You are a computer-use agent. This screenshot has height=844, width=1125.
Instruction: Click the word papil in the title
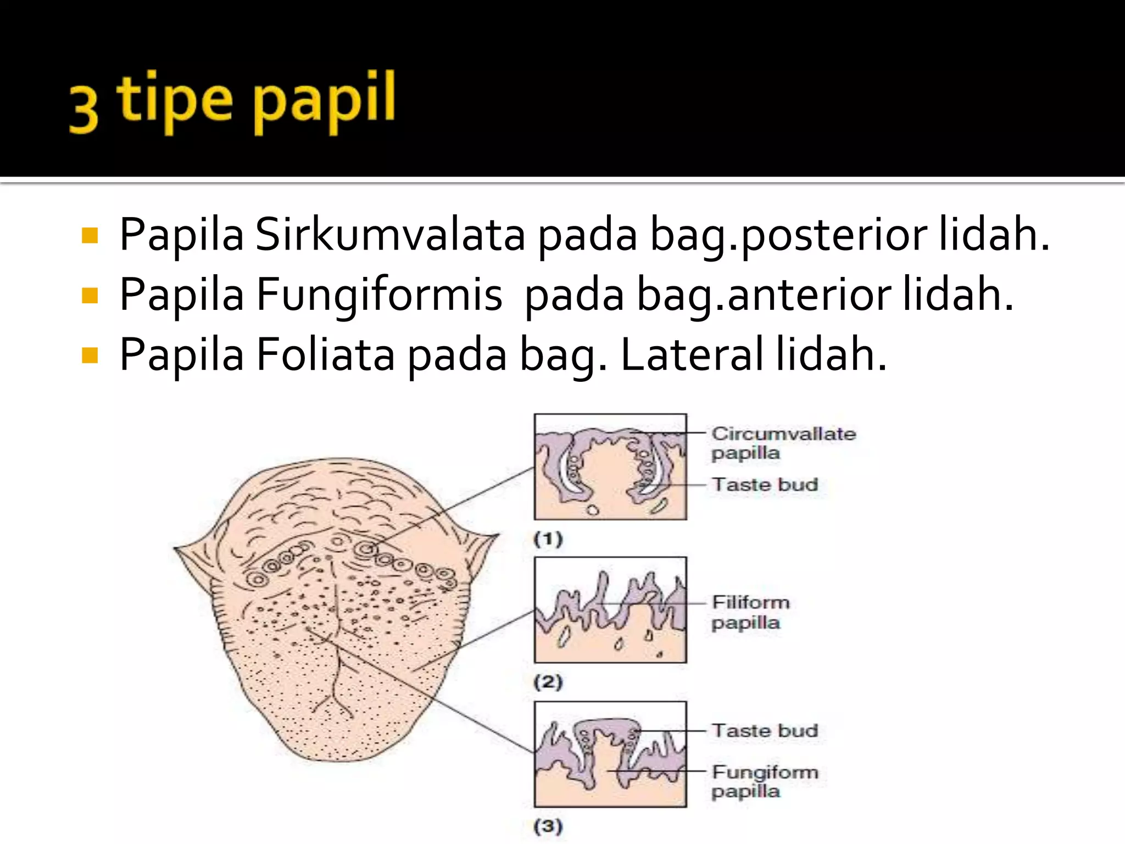click(324, 102)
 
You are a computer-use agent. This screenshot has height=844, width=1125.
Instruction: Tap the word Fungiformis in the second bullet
click(379, 295)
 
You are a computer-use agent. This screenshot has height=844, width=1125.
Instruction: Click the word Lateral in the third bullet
click(691, 355)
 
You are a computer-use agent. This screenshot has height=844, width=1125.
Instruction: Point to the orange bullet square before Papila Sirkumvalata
click(89, 236)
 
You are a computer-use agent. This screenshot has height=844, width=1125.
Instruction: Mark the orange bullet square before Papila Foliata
click(89, 356)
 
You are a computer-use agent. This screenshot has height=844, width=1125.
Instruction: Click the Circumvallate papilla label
click(783, 443)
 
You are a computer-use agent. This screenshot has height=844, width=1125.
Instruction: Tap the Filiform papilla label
click(750, 612)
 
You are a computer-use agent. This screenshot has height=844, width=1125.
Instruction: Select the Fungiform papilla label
click(764, 781)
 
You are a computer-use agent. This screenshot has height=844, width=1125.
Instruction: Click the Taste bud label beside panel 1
click(765, 485)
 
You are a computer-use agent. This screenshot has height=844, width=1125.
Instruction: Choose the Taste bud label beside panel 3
click(765, 731)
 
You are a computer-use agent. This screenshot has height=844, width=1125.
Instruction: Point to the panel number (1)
click(548, 539)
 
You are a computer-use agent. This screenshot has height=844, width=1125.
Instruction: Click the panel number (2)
click(548, 682)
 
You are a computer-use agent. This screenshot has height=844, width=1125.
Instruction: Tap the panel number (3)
click(548, 826)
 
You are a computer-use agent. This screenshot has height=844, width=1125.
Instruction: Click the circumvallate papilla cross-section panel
click(610, 467)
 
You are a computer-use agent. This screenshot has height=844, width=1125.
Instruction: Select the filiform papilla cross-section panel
click(610, 610)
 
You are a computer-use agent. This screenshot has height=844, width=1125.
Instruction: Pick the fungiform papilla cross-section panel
click(610, 754)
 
